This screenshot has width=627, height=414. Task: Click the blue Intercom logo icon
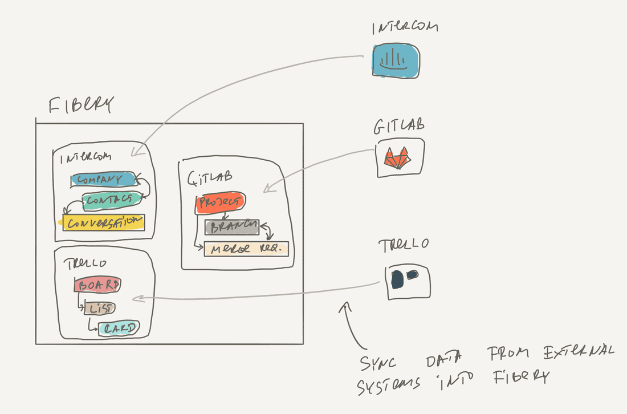[395, 60]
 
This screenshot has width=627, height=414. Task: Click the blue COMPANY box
[103, 180]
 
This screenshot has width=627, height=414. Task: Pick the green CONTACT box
[112, 200]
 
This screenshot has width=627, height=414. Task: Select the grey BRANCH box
[231, 227]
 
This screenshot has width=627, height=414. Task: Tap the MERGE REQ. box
[246, 249]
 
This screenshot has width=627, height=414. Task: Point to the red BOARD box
[97, 285]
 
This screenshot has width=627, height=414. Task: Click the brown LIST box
[100, 309]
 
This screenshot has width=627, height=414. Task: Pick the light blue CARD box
[119, 328]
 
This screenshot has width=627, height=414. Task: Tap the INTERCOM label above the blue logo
[405, 27]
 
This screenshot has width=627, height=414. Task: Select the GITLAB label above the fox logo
[398, 126]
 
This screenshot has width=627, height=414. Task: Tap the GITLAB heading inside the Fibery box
[209, 178]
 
